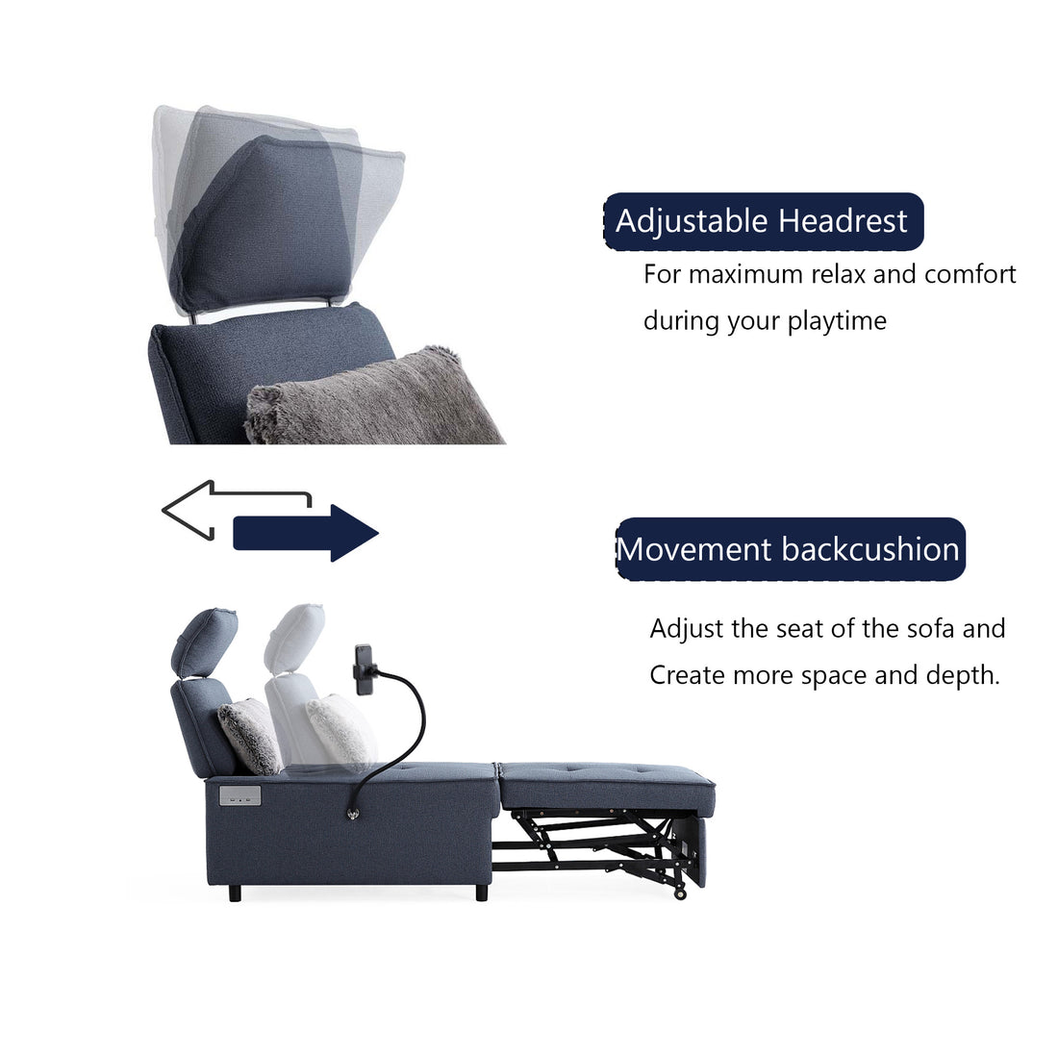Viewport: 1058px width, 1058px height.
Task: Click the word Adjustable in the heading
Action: point(693,221)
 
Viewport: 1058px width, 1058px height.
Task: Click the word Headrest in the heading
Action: point(843,221)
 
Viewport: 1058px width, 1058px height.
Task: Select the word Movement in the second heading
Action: point(695,549)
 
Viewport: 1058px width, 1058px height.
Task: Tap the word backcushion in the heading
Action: point(870,549)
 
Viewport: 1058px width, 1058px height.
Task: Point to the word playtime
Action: point(837,321)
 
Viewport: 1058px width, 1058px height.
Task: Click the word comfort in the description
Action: point(970,274)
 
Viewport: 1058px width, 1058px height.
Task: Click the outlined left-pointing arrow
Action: point(231,507)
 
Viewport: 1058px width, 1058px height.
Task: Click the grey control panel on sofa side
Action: point(238,794)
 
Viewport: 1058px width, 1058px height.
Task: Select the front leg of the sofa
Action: point(482,892)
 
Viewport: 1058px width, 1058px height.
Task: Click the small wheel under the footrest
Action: point(682,894)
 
